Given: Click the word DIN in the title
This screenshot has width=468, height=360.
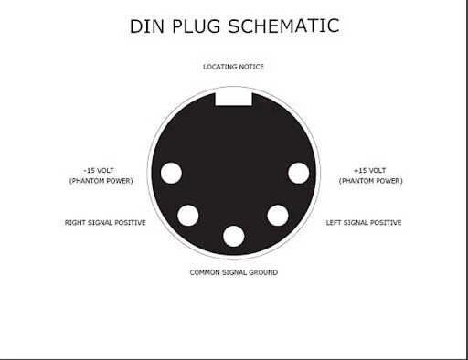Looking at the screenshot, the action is (x=150, y=26).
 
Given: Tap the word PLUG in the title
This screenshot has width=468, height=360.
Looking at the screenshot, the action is (x=199, y=26).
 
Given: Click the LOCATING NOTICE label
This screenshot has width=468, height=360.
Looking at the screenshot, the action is (x=233, y=67).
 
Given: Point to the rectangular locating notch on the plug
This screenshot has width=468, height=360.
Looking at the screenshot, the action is (x=233, y=96).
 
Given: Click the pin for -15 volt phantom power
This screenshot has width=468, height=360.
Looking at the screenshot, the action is (x=171, y=173).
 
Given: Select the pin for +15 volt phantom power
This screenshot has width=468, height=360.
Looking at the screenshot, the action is (x=298, y=173).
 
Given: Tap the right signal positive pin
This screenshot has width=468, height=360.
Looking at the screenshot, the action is (x=188, y=216).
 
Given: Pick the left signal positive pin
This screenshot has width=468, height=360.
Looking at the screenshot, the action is (x=278, y=216).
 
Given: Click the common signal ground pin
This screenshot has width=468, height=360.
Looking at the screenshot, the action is (x=234, y=236).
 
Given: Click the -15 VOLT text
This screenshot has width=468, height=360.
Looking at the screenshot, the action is (x=101, y=170).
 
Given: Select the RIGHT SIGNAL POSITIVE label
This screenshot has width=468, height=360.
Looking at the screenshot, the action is (x=105, y=223).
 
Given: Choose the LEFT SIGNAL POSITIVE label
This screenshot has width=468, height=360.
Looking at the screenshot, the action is (x=364, y=223).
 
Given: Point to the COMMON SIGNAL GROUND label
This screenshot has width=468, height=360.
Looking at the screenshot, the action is (x=233, y=272).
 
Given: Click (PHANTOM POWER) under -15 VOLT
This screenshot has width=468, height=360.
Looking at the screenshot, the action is (x=101, y=181).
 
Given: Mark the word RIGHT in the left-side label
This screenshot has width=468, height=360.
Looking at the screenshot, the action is (x=76, y=223).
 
